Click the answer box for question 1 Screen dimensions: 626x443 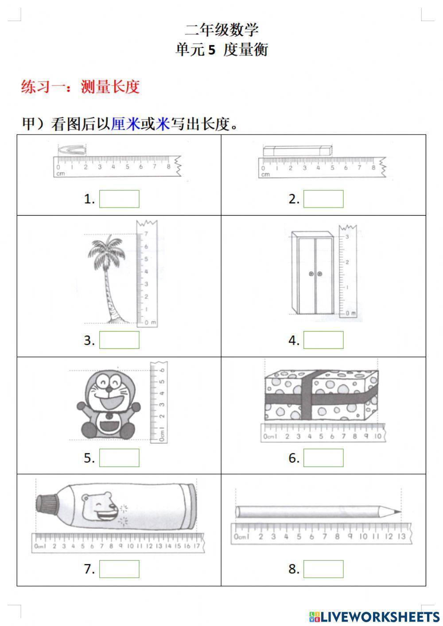(x=119, y=199)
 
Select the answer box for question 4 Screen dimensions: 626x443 (x=323, y=340)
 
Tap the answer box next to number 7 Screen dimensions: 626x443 (x=119, y=569)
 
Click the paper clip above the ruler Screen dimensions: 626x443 (x=72, y=150)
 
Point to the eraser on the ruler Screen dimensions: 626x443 (x=297, y=151)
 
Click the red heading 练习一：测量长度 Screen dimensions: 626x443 (x=80, y=87)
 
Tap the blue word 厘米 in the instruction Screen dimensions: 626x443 (x=125, y=124)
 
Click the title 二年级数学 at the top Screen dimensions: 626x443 (x=221, y=30)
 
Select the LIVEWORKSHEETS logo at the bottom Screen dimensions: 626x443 (x=374, y=616)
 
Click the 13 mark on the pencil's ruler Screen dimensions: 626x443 (x=401, y=537)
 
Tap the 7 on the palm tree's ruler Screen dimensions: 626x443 (x=146, y=233)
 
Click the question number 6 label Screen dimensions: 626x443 (x=294, y=458)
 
